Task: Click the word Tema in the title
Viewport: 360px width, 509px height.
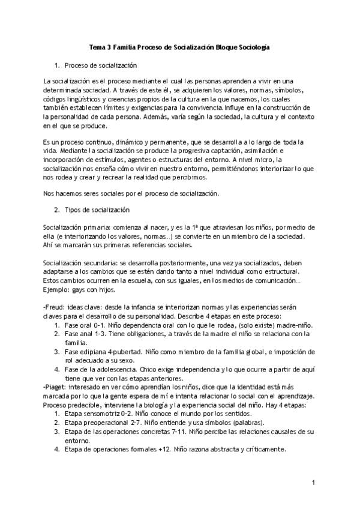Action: [x=97, y=46]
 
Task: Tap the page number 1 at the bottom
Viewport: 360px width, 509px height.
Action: [x=313, y=483]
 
